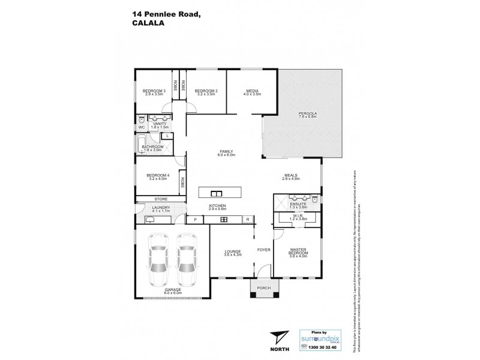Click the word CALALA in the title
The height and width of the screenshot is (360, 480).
pos(146,25)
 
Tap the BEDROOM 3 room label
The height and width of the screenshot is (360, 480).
pos(154,91)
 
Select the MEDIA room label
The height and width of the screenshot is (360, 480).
pos(252,91)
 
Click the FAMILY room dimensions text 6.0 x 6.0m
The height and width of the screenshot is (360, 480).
pos(225,155)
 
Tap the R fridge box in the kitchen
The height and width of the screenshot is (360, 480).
pos(247,220)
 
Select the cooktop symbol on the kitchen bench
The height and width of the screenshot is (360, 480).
pos(224,220)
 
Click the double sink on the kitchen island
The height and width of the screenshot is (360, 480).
pos(216,193)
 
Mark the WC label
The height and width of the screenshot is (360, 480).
pos(142,127)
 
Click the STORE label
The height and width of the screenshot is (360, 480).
pos(160,199)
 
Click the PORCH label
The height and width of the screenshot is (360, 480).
pos(264,287)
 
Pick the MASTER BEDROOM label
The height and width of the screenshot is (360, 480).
pos(298,251)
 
